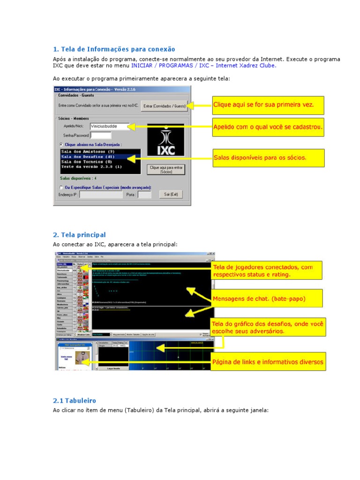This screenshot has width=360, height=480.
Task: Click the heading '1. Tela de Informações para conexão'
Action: pyautogui.click(x=114, y=49)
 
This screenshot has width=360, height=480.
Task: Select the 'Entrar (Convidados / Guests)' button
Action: pyautogui.click(x=164, y=106)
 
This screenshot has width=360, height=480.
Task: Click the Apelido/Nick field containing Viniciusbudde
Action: pyautogui.click(x=109, y=126)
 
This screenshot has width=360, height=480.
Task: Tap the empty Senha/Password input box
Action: pyautogui.click(x=100, y=135)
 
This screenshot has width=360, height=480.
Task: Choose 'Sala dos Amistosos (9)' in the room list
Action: pyautogui.click(x=88, y=152)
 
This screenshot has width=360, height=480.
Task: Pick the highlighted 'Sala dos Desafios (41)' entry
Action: pyautogui.click(x=88, y=157)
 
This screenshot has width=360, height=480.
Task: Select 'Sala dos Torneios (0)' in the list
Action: pyautogui.click(x=87, y=162)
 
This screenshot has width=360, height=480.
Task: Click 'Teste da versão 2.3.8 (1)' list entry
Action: pyautogui.click(x=91, y=166)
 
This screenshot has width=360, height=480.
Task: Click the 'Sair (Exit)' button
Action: pyautogui.click(x=171, y=194)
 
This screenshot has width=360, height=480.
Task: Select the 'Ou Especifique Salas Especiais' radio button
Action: pyautogui.click(x=61, y=187)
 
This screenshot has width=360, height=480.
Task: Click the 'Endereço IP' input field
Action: pyautogui.click(x=100, y=194)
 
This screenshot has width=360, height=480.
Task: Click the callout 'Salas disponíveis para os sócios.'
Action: pyautogui.click(x=268, y=157)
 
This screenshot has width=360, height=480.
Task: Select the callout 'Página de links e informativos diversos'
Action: pyautogui.click(x=268, y=362)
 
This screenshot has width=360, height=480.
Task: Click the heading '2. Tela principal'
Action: pyautogui.click(x=79, y=235)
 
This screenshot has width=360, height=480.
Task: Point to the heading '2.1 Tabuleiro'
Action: pyautogui.click(x=75, y=401)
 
